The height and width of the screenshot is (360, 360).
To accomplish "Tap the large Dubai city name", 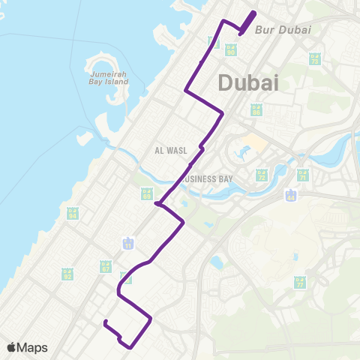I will point(248,83).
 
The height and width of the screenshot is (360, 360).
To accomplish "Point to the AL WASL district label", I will point(170,150).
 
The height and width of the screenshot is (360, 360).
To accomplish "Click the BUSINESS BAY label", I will point(209,178).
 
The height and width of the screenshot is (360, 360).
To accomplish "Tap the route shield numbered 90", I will point(231,49).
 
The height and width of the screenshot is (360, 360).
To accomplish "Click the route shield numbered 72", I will point(262,175).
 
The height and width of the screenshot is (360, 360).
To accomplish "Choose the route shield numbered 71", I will point(303,175).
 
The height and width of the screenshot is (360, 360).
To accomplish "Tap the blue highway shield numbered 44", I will point(290,196).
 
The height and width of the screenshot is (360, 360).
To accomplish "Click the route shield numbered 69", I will point(146,193).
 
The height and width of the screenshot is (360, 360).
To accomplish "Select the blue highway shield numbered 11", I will point(128,244).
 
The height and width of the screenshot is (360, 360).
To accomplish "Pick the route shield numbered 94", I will point(73,214).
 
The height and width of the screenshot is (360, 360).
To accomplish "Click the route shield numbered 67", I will point(106,266).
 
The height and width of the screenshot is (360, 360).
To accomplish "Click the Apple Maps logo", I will point(27,347).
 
